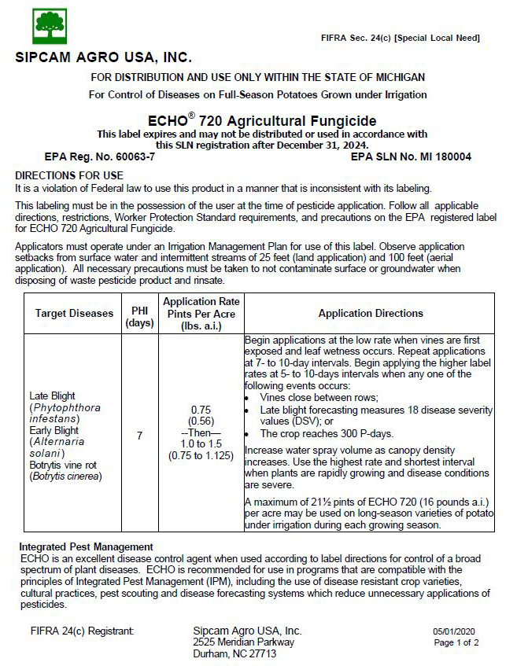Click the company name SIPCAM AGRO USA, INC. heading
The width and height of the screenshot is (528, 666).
click(x=103, y=58)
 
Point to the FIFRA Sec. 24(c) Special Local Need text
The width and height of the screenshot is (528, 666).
click(x=401, y=38)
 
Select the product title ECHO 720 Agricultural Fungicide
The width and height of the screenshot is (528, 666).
click(x=262, y=121)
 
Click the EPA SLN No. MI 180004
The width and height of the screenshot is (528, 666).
click(x=411, y=156)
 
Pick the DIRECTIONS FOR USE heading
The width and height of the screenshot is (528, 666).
click(x=69, y=175)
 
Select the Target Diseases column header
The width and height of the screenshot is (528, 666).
click(x=74, y=313)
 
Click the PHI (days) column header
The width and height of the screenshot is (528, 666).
click(x=139, y=313)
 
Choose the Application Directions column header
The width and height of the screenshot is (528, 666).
click(x=371, y=313)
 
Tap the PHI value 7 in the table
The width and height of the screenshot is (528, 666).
click(x=139, y=435)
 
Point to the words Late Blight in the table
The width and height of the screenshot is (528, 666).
click(x=52, y=396)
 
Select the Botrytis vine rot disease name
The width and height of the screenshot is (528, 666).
click(x=65, y=465)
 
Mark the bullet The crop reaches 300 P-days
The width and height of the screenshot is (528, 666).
click(x=323, y=433)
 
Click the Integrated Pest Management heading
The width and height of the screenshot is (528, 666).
click(x=86, y=546)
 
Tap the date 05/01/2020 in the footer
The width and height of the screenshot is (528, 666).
click(x=454, y=631)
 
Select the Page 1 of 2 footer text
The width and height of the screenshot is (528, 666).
click(x=456, y=642)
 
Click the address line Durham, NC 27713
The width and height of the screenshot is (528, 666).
click(x=234, y=653)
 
